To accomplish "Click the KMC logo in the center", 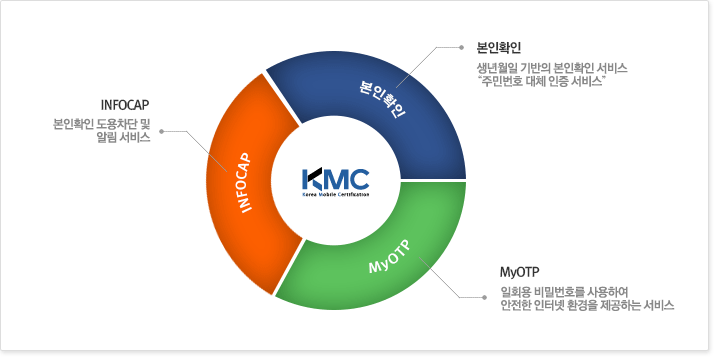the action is [x=335, y=180].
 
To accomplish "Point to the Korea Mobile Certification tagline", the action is [x=335, y=197].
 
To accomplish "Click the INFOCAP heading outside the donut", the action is [x=125, y=104].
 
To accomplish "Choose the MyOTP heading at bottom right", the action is [x=519, y=272].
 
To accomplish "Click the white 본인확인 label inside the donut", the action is [x=383, y=97].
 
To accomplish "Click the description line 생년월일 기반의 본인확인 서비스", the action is [x=553, y=67].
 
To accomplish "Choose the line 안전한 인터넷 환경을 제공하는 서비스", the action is [x=586, y=306].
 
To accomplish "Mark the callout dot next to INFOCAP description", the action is [x=161, y=131].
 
